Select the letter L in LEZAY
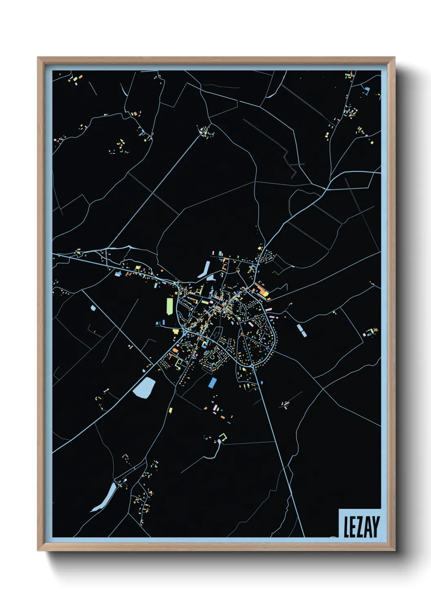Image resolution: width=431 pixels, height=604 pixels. click(x=346, y=527)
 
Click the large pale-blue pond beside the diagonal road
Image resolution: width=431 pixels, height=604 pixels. click(x=144, y=387)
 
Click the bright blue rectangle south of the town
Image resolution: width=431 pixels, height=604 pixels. click(x=212, y=383)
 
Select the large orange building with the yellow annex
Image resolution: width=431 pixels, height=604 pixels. click(x=261, y=291)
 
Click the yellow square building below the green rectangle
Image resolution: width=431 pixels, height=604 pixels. click(x=176, y=331)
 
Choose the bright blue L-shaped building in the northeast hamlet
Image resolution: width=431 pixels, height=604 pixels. click(x=367, y=90)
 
